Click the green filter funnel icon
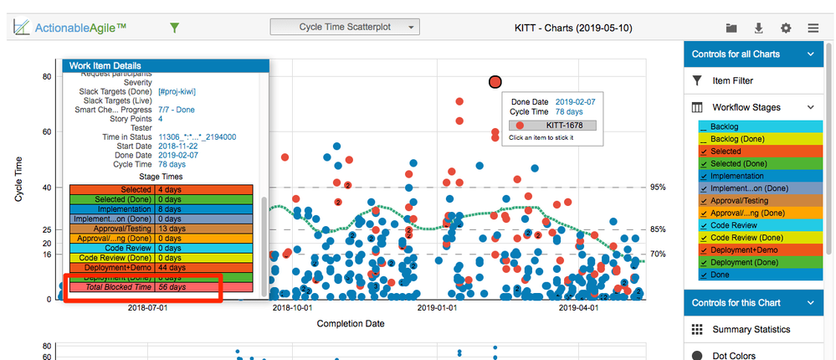(x=174, y=28)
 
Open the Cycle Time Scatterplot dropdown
(x=344, y=28)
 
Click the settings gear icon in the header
(x=785, y=28)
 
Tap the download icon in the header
(x=758, y=28)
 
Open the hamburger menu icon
(x=813, y=28)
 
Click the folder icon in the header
(x=731, y=28)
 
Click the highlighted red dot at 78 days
(x=495, y=81)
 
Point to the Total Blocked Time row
(x=142, y=287)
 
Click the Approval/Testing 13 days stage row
(x=142, y=229)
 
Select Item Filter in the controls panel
(x=732, y=80)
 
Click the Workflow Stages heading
(x=746, y=107)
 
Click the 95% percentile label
(x=658, y=188)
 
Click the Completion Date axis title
(x=351, y=323)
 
